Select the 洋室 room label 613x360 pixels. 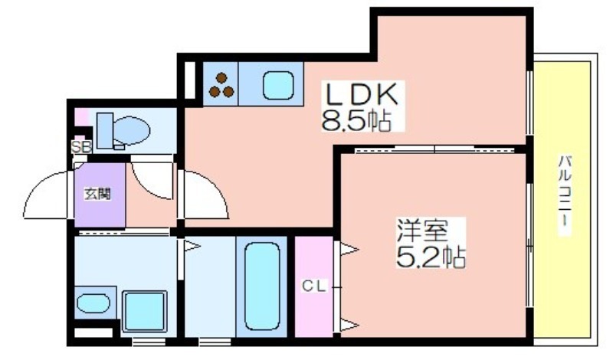pos(422,231)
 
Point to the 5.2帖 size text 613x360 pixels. pos(431,257)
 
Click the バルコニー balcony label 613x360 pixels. pos(565,195)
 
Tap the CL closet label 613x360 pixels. pos(314,286)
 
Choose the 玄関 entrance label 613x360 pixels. pos(98,194)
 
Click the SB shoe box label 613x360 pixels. pos(81,147)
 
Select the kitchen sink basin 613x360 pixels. pos(278,86)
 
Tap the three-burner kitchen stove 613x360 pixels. pos(221,85)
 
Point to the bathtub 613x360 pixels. pos(262,286)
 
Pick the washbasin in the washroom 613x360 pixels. pos(93,303)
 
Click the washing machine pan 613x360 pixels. pos(144,311)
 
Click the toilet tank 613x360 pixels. pos(105,130)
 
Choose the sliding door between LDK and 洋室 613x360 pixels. pos(434,149)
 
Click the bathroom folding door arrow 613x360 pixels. pos(191,246)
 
